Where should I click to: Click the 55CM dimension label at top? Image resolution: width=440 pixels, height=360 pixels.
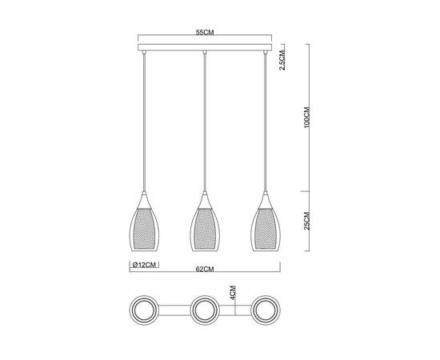(206, 34)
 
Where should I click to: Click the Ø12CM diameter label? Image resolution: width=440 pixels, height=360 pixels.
(143, 263)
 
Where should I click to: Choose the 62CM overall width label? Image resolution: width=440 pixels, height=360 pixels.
(206, 270)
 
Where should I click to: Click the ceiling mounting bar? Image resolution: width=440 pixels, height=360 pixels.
(206, 49)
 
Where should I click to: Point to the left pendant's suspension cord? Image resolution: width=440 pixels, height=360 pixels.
(144, 120)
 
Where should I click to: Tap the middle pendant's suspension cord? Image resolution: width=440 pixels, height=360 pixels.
(206, 120)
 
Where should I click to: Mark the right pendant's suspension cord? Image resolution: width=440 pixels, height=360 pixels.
(266, 120)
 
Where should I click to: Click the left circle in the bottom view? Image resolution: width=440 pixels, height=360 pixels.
(144, 309)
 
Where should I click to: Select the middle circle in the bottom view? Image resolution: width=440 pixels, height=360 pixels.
(206, 309)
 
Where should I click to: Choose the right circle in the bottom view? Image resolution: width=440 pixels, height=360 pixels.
(266, 309)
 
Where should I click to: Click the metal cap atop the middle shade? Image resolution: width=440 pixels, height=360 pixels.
(206, 195)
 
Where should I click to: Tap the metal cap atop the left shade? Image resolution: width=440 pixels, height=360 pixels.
(144, 195)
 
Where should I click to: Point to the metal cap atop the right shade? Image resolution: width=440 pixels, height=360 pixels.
(266, 195)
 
